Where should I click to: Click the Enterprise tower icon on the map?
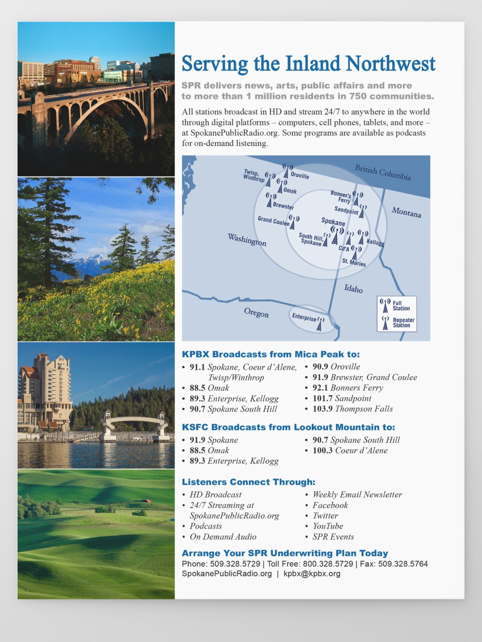tap(319, 324)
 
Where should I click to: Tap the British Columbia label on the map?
tap(383, 172)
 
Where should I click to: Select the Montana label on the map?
tap(406, 212)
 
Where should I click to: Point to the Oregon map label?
tap(256, 312)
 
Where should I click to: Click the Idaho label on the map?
tap(353, 288)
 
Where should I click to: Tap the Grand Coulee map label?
tap(274, 220)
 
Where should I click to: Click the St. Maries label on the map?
tap(354, 262)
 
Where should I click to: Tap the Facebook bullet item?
tap(330, 505)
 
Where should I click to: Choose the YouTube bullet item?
tap(327, 526)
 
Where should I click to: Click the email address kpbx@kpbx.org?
tap(312, 574)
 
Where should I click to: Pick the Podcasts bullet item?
tap(205, 526)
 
